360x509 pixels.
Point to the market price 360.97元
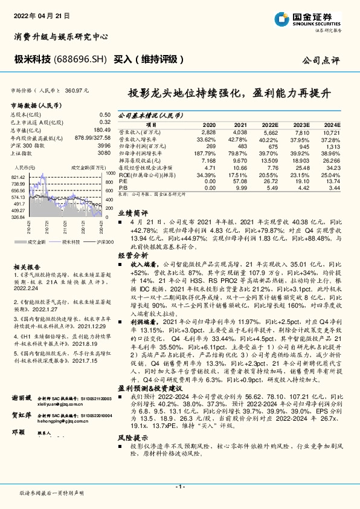(x=77, y=90)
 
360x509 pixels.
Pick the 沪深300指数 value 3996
(x=104, y=145)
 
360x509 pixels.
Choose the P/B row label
(x=123, y=188)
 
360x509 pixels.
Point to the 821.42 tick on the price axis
(x=18, y=176)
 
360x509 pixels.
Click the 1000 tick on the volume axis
(x=109, y=173)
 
